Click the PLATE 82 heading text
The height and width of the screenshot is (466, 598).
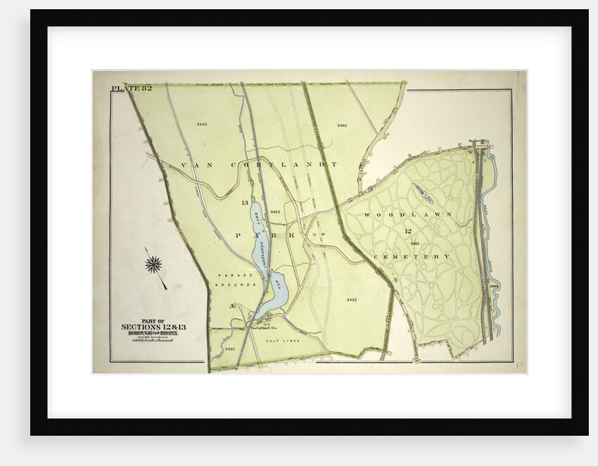click(x=132, y=88)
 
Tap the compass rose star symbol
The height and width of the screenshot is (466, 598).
click(x=153, y=265)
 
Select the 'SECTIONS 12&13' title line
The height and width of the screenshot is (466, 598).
click(x=153, y=327)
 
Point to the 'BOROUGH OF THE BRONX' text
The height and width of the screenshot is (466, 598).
click(x=153, y=334)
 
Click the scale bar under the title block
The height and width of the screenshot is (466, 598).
click(x=153, y=344)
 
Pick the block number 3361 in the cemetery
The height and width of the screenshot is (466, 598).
click(x=415, y=244)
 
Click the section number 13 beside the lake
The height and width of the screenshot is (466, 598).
click(x=245, y=203)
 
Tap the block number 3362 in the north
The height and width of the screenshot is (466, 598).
click(x=342, y=125)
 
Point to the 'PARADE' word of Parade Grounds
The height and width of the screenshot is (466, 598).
click(x=229, y=275)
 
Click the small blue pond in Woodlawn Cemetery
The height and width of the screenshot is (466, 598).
click(x=424, y=193)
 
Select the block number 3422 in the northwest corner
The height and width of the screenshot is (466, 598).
click(x=202, y=124)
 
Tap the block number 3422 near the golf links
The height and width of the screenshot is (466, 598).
click(x=229, y=349)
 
